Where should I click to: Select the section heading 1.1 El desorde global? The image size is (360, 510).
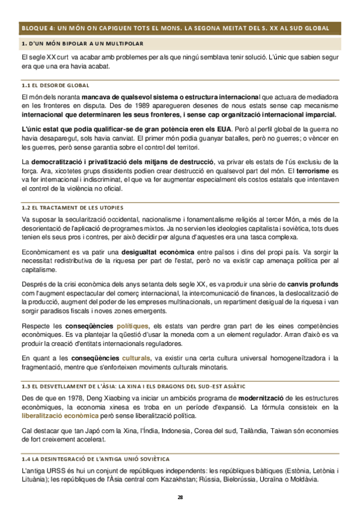(x=55, y=85)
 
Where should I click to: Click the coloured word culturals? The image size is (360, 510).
(x=132, y=358)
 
